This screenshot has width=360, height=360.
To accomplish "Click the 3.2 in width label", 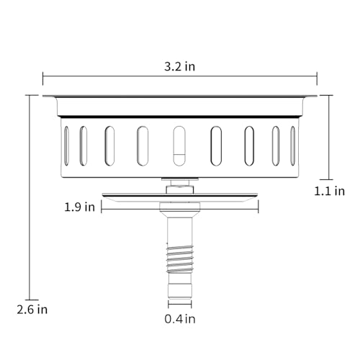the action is (x=179, y=66).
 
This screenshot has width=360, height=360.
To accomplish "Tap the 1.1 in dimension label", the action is (x=330, y=191).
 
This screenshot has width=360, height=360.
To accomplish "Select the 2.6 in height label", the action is (x=32, y=310).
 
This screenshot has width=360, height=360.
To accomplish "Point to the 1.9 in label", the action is (x=79, y=207).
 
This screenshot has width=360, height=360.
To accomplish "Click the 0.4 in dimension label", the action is (x=180, y=319).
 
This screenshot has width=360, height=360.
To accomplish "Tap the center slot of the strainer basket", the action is (x=179, y=145).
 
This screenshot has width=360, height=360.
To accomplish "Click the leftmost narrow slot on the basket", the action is (x=66, y=145).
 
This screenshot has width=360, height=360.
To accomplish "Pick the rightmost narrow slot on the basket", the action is (x=293, y=145).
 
